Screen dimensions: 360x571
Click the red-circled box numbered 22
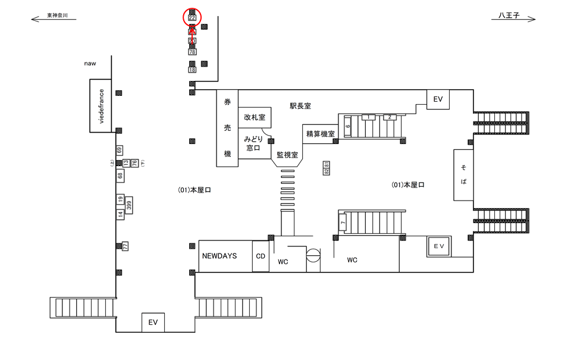click(192, 17)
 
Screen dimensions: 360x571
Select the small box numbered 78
click(192, 52)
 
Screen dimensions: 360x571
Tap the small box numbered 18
click(192, 70)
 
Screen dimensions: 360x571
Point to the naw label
click(90, 63)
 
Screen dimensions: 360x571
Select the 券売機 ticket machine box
click(227, 128)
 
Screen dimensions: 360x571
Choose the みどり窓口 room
click(254, 143)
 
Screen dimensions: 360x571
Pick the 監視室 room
click(287, 154)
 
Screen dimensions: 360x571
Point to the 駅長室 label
click(300, 106)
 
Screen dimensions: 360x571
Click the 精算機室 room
click(320, 134)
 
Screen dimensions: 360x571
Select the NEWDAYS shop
click(219, 256)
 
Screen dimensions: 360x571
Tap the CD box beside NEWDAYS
click(261, 256)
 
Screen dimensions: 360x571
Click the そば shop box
click(463, 175)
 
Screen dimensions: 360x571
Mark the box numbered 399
click(128, 206)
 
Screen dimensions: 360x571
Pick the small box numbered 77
click(126, 245)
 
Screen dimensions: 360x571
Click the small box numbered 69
click(120, 150)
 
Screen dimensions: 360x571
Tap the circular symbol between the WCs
click(313, 256)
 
